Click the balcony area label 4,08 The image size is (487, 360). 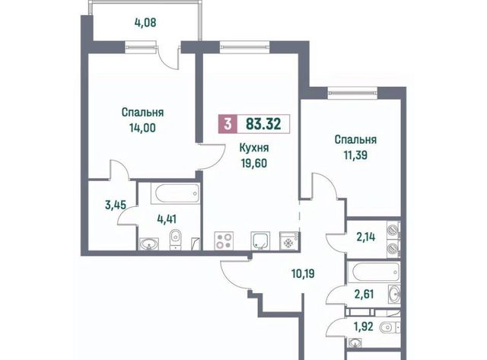coord(145,23)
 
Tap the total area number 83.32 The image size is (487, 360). coord(263,124)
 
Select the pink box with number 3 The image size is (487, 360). coord(228,124)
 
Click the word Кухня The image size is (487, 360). coord(254,148)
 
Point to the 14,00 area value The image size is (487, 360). coord(142,127)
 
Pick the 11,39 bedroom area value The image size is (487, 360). coord(355,155)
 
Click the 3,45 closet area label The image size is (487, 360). coord(116,205)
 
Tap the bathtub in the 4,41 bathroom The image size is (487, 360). coord(176,193)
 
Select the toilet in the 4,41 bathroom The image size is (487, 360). coord(176,239)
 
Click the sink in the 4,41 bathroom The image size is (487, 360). coord(149,244)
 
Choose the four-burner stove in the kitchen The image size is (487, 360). coord(224,241)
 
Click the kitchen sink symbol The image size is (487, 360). coord(260,241)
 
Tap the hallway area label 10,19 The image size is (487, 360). coord(303,274)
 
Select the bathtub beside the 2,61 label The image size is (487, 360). coord(374,272)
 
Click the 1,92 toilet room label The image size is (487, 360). coord(363,327)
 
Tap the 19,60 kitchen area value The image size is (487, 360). coord(254,163)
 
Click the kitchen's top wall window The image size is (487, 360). coord(245,47)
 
